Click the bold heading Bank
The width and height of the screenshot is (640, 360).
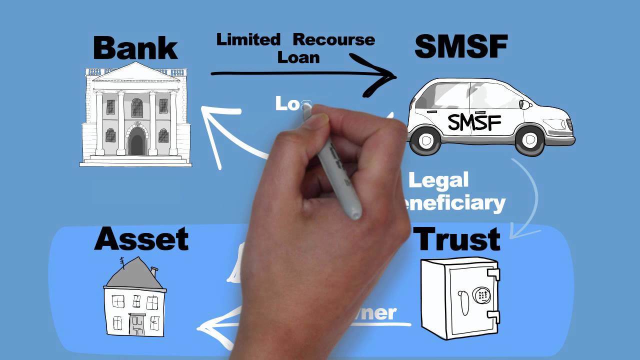(135, 48)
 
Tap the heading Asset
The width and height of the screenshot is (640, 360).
(141, 239)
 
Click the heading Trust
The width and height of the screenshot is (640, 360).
(458, 239)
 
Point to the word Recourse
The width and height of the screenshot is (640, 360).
(333, 39)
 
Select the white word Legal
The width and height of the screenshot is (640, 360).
(438, 180)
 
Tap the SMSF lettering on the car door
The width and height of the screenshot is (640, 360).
(474, 121)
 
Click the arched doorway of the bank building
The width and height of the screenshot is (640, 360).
(136, 141)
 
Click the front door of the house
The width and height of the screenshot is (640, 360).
(136, 324)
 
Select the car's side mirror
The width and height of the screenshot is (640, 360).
(524, 104)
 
